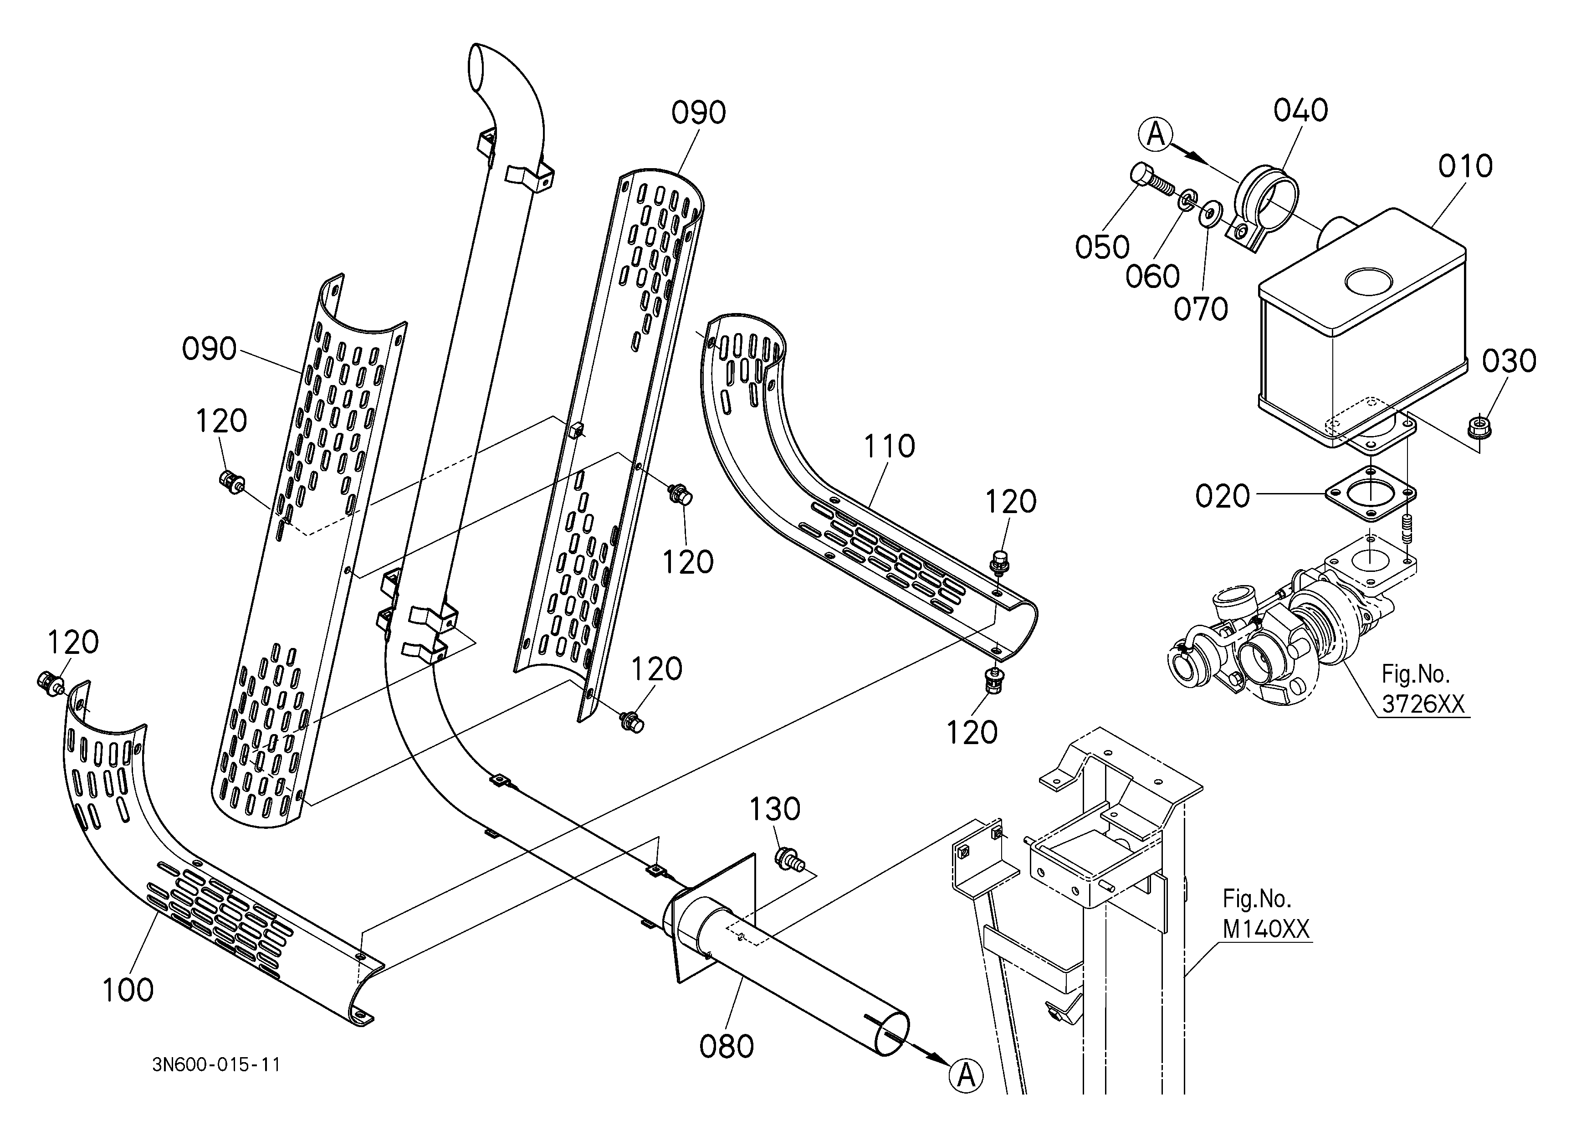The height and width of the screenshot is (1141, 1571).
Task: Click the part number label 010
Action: tap(1465, 166)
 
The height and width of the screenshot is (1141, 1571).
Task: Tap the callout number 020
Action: tap(1223, 497)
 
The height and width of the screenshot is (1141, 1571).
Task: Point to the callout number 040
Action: tap(1301, 111)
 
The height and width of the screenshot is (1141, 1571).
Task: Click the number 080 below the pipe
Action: tap(726, 1047)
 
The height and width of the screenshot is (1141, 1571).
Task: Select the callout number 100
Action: tap(128, 991)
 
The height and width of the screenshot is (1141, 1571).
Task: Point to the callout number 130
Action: tap(775, 809)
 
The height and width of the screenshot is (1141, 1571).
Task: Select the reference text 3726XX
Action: tap(1423, 704)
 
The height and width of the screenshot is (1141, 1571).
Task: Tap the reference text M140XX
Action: tap(1266, 930)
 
